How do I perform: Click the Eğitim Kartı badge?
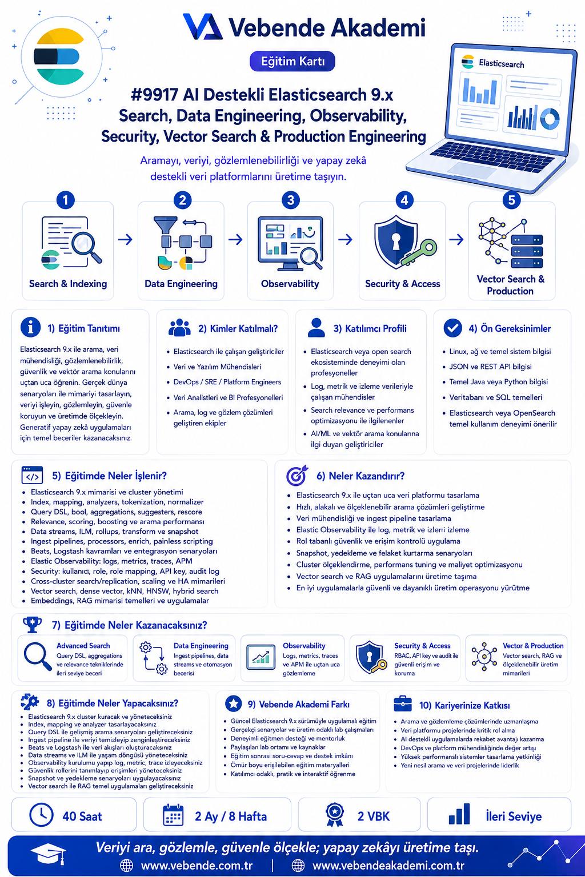pyautogui.click(x=292, y=62)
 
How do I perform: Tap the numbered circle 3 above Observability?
pyautogui.click(x=290, y=200)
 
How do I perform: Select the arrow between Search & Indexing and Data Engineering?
pyautogui.click(x=125, y=239)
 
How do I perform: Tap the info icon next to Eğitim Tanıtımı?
pyautogui.click(x=30, y=327)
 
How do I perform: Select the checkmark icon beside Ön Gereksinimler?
pyautogui.click(x=452, y=328)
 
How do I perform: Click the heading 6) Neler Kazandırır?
pyautogui.click(x=360, y=476)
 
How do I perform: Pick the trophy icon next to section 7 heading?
pyautogui.click(x=33, y=625)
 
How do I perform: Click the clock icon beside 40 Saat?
pyautogui.click(x=41, y=815)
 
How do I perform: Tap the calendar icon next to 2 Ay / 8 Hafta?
pyautogui.click(x=173, y=815)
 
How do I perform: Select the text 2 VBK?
pyautogui.click(x=374, y=816)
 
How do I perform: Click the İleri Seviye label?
pyautogui.click(x=514, y=816)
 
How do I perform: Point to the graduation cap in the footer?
pyautogui.click(x=49, y=854)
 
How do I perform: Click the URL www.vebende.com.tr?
pyautogui.click(x=197, y=865)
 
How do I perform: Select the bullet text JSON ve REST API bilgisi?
pyautogui.click(x=490, y=367)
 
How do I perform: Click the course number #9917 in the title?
pyautogui.click(x=154, y=95)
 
